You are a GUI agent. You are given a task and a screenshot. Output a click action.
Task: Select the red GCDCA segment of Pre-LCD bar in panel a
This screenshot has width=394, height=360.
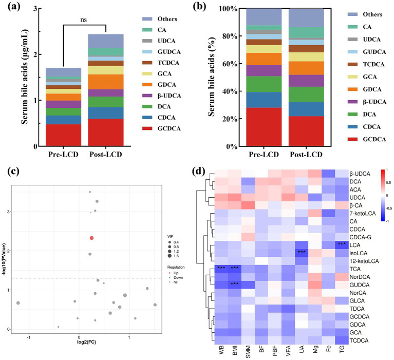[49, 135]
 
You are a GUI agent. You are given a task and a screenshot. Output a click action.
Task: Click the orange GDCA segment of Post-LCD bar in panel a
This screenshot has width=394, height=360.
[106, 82]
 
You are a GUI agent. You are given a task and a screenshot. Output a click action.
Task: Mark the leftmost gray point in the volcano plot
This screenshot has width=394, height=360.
[18, 303]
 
